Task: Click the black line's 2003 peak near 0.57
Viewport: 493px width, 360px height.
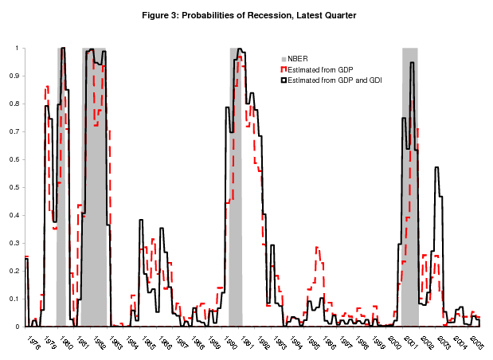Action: pos(436,168)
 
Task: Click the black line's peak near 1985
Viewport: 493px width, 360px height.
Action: pos(141,220)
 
